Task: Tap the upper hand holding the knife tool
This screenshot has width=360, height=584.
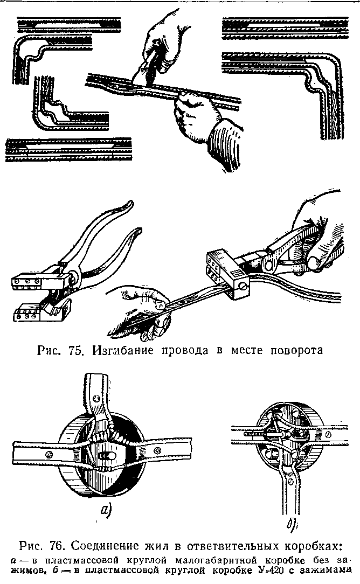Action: (x=161, y=40)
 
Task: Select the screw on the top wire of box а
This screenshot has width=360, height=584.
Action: (x=96, y=398)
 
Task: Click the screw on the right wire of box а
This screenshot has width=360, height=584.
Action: (x=157, y=448)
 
